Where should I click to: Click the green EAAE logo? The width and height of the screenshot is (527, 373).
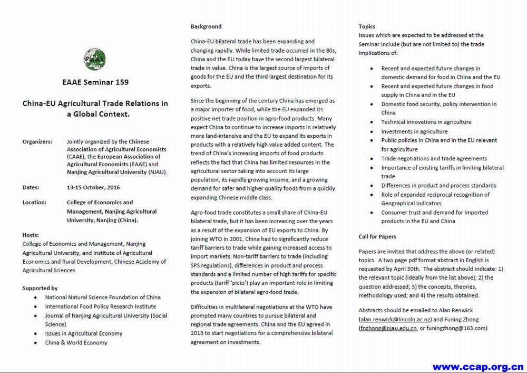coord(94,59)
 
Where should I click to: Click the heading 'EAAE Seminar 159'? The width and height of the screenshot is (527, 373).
coord(95,82)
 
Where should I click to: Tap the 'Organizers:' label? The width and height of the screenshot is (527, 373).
coord(37,141)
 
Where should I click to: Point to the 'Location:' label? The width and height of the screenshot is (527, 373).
coord(34,202)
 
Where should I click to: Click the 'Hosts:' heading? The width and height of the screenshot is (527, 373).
coord(31,235)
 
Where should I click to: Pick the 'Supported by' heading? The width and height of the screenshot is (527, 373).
coord(40,288)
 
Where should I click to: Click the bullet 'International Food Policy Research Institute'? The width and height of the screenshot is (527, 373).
coord(100,307)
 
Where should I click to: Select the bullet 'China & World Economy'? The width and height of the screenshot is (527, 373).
coord(76,342)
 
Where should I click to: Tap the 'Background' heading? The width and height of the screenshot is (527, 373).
coord(206,26)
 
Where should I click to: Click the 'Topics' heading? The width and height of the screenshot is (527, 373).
coord(367,26)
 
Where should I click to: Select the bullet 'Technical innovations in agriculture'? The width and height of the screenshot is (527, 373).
coord(426,122)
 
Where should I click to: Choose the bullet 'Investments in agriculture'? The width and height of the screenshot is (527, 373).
coord(414,131)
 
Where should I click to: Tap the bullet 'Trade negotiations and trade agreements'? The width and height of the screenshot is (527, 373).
coord(434,158)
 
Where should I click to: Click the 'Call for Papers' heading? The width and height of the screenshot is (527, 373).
coord(377,236)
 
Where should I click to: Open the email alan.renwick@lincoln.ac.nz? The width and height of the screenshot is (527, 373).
coord(395,320)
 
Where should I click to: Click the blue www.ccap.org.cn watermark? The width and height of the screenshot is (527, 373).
coord(478,366)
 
